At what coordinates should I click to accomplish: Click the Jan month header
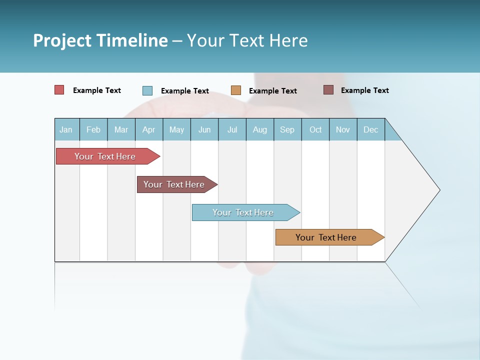(66, 129)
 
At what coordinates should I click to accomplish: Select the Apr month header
(148, 129)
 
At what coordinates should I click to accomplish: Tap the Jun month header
(204, 129)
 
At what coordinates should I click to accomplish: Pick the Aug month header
(259, 129)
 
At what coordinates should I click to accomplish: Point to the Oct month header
(315, 129)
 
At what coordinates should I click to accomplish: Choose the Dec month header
(370, 129)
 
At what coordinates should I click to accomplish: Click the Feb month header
(93, 129)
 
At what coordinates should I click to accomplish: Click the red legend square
(59, 90)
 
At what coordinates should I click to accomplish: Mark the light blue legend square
(147, 90)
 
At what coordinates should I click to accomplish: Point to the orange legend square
(236, 90)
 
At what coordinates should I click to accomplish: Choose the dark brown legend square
(328, 90)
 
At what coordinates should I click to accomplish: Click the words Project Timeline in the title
(100, 40)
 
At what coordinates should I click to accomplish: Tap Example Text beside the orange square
(273, 91)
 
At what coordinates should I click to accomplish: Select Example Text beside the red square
(97, 90)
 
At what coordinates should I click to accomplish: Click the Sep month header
(287, 129)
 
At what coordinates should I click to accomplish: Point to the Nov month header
(343, 129)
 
